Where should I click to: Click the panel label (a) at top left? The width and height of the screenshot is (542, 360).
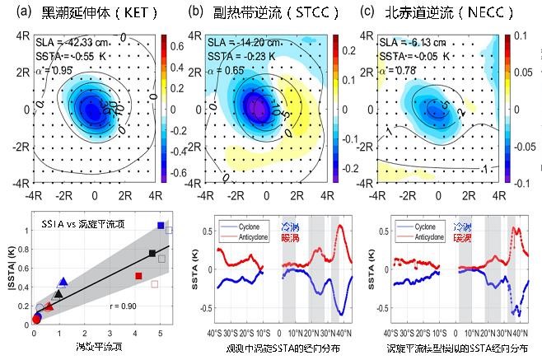[12, 12]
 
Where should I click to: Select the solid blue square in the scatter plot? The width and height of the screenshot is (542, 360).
[161, 226]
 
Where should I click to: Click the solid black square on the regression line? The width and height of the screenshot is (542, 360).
[152, 253]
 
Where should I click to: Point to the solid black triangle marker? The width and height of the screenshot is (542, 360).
[58, 293]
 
